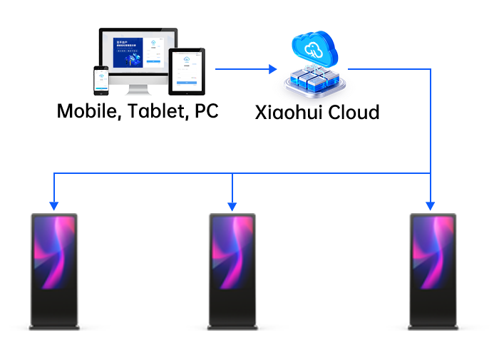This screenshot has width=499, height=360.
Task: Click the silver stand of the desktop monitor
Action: pos(135,91)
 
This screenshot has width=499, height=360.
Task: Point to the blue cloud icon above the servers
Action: pos(314,48)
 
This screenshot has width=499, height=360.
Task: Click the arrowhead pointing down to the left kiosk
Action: pos(53,205)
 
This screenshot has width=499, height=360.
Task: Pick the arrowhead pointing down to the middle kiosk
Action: pos(231,205)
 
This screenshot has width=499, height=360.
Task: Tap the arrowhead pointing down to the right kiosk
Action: pos(430,205)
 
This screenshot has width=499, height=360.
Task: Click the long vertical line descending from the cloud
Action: pos(431,121)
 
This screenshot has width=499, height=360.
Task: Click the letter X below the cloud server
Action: pos(263,112)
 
